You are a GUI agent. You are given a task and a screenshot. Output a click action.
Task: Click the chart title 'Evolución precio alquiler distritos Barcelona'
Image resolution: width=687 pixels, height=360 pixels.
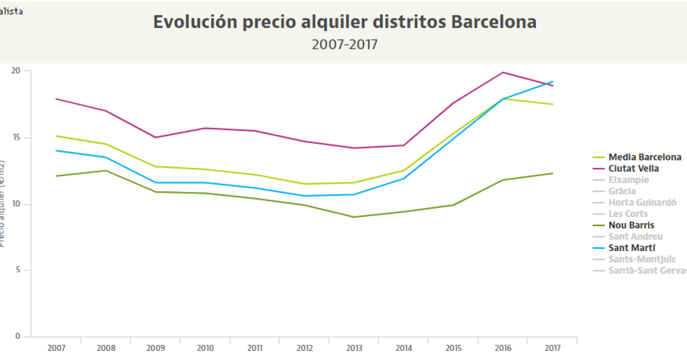(345, 22)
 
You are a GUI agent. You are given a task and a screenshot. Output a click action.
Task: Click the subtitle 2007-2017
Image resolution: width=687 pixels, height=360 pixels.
(345, 44)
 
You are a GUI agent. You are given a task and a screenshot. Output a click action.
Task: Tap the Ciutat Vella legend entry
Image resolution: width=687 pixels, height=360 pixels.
(633, 168)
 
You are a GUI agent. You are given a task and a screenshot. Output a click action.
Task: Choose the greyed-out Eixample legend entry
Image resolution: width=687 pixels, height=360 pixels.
(629, 180)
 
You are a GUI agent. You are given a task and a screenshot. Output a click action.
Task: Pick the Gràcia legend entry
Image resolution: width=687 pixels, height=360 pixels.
(622, 191)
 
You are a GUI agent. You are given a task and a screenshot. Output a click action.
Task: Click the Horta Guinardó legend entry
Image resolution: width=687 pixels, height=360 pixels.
(642, 202)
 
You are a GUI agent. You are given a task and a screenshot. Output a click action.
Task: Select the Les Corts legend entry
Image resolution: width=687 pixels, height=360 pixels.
(628, 214)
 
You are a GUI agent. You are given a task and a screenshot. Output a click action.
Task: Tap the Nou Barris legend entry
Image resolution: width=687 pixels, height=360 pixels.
(631, 225)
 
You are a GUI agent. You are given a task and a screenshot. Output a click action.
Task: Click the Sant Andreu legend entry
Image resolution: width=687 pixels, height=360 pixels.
(635, 236)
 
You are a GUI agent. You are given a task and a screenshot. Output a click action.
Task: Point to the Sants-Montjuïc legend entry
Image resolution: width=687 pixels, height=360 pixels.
(642, 259)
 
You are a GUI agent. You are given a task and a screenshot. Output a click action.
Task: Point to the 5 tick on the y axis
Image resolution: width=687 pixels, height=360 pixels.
(18, 270)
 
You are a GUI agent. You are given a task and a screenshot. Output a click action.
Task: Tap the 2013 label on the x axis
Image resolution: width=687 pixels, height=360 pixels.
(354, 348)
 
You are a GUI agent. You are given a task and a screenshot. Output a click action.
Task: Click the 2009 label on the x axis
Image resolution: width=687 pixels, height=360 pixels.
(155, 348)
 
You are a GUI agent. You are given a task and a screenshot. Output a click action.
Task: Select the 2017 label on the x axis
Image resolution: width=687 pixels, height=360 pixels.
(552, 348)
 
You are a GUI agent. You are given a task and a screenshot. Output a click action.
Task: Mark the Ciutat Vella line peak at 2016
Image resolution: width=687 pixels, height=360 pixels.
(503, 72)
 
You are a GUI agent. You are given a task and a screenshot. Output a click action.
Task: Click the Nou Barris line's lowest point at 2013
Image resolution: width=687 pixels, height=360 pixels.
(354, 217)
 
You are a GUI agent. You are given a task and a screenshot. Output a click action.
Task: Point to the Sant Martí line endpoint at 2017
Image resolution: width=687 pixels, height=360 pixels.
(552, 82)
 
